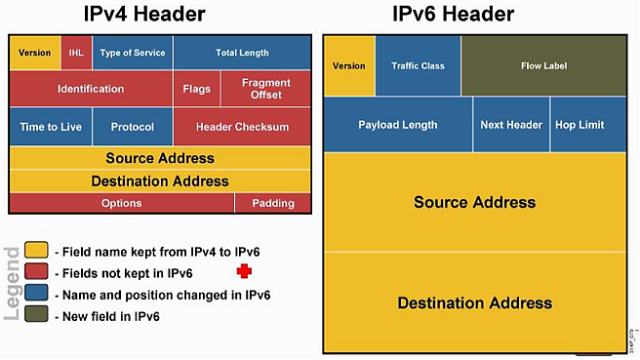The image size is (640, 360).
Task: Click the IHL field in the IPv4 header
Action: point(76,53)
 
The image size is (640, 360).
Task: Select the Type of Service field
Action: point(134,53)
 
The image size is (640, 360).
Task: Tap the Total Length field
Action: point(242,53)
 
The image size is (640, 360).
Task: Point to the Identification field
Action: point(91,89)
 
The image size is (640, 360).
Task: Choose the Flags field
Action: point(197,89)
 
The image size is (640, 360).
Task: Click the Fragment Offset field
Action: point(265,89)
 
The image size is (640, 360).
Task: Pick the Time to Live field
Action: point(50,127)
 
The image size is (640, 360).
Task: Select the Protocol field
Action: point(133,127)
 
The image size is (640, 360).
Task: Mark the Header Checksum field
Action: point(242,127)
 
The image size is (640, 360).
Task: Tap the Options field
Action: point(121,203)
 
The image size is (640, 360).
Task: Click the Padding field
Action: point(273,203)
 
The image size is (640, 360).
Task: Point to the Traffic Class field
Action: point(418,66)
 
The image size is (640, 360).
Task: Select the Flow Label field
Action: point(543,66)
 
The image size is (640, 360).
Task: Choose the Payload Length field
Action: point(397,125)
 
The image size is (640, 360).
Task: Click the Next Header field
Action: point(511,125)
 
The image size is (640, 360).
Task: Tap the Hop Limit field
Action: point(580,125)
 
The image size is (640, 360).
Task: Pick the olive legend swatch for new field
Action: point(36,316)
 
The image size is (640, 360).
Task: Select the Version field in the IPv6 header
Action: point(348,66)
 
